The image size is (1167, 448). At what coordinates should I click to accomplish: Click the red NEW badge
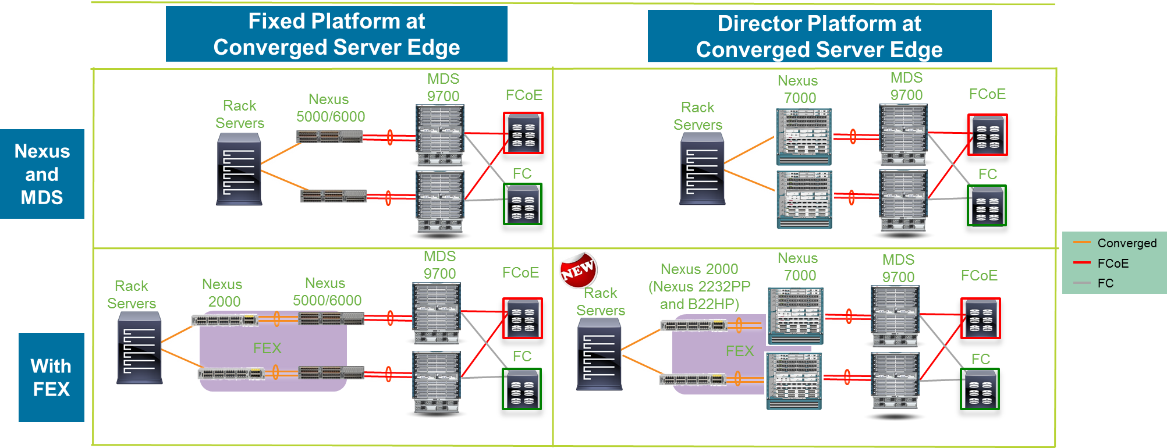click(578, 269)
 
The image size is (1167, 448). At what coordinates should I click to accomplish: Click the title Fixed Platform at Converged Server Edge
click(336, 34)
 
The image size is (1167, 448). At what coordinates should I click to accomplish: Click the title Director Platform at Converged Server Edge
click(819, 36)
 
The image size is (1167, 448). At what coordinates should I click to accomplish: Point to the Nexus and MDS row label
click(42, 174)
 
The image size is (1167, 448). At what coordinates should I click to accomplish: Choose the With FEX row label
click(51, 377)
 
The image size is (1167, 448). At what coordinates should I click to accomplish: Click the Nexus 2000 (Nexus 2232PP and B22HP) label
click(699, 286)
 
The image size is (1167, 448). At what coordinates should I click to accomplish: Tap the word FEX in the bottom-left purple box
click(267, 348)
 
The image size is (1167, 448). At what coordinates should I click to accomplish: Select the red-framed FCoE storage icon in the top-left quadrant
click(523, 133)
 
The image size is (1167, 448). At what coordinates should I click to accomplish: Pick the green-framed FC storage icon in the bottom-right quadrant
click(980, 389)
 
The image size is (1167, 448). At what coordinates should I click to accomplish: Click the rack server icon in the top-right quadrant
click(702, 169)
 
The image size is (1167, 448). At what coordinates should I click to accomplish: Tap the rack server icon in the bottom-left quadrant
click(139, 348)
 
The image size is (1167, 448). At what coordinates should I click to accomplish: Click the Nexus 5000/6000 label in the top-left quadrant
click(330, 108)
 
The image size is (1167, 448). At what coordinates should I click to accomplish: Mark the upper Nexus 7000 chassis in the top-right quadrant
click(804, 137)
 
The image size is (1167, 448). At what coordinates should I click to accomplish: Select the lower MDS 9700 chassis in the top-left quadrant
click(440, 201)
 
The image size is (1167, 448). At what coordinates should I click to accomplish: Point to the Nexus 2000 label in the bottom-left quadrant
click(224, 293)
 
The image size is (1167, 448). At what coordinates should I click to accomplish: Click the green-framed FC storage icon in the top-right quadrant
click(987, 205)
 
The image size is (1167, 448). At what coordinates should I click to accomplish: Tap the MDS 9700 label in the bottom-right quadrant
click(898, 268)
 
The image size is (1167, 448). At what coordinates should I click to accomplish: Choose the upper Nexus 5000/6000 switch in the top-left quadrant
click(329, 137)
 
